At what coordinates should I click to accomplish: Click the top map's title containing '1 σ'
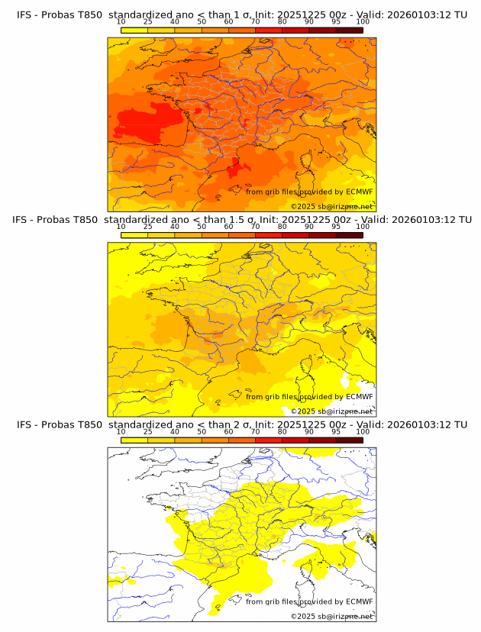[x=241, y=15]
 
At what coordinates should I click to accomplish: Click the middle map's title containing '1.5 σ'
[x=241, y=220]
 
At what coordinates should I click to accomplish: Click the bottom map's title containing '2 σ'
[x=241, y=424]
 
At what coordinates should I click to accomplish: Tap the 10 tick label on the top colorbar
[x=121, y=21]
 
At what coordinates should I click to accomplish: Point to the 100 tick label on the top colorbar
[x=362, y=21]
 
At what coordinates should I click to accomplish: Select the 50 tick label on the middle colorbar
[x=202, y=227]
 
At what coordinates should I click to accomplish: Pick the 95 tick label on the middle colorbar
[x=336, y=227]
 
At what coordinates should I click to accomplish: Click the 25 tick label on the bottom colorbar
[x=147, y=431]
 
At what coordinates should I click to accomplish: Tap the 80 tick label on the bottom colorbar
[x=282, y=431]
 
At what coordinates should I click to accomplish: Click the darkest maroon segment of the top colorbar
[x=349, y=30]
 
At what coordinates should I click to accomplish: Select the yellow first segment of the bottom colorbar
[x=134, y=440]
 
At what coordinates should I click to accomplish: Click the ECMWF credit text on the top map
[x=309, y=192]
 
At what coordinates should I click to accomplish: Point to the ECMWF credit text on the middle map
[x=309, y=396]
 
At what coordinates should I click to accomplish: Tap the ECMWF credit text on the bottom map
[x=309, y=601]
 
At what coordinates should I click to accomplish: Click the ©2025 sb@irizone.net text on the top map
[x=331, y=206]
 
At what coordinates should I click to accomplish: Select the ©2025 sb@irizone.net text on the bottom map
[x=331, y=616]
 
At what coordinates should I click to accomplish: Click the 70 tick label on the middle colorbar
[x=255, y=227]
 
